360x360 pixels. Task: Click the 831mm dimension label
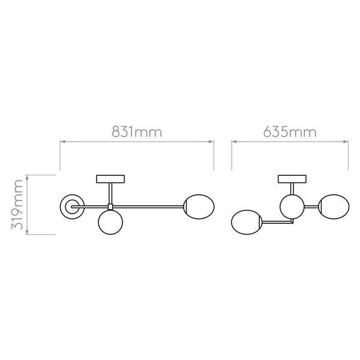coord(137,132)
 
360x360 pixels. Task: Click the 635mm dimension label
coord(290,132)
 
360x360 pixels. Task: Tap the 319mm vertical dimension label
coord(17,205)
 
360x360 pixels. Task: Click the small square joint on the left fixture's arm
coord(110,206)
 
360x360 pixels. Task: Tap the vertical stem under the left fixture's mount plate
coord(110,194)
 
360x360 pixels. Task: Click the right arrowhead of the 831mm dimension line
coord(211,142)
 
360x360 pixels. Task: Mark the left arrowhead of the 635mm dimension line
coord(235,142)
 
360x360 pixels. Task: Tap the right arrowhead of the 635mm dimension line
coord(346,142)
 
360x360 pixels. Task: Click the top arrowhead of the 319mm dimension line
coord(27,178)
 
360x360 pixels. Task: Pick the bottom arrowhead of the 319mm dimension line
coord(27,232)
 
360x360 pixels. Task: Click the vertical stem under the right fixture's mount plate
coord(292,189)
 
